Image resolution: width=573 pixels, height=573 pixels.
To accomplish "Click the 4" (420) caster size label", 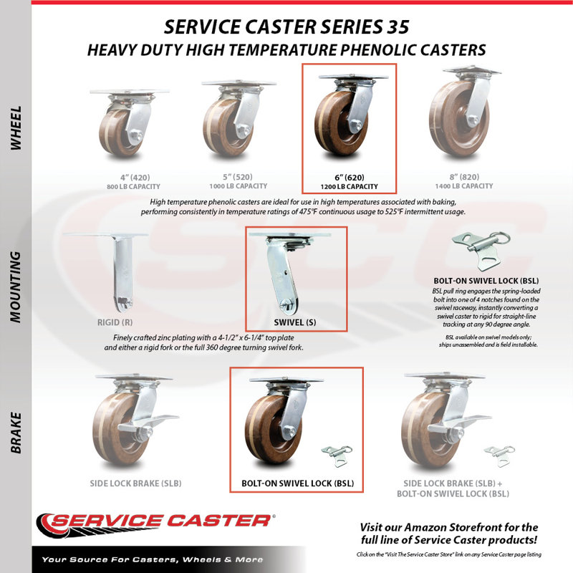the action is tap(135, 177).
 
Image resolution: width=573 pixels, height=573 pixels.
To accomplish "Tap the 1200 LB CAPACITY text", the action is tap(349, 186).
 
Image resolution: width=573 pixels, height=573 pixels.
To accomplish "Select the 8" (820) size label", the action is tap(464, 177).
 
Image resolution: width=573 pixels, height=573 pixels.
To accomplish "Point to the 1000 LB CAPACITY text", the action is tap(239, 186).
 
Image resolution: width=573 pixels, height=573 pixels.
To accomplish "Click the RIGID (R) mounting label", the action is tap(115, 322).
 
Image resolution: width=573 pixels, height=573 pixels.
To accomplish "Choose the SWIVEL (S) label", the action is tap(295, 322).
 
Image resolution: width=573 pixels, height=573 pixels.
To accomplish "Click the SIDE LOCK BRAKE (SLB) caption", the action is tap(135, 483).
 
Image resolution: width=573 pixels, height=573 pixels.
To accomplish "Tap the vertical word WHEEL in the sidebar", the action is tap(16, 128).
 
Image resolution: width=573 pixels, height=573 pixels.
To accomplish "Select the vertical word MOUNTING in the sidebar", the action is tap(16, 287).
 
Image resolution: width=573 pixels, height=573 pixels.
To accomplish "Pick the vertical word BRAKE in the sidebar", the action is tap(16, 433).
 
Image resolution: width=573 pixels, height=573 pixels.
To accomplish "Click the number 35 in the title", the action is tap(398, 27).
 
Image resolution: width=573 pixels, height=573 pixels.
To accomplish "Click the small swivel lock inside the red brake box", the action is tap(337, 456).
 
